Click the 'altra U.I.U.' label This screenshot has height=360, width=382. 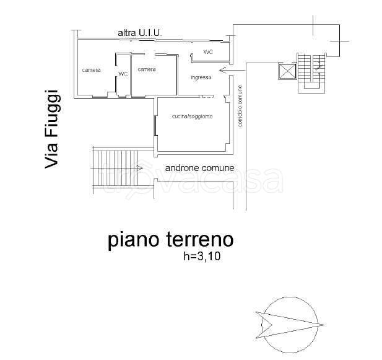pos(139,32)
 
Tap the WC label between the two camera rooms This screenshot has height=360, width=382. pos(123,74)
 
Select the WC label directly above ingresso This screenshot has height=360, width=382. pos(208,52)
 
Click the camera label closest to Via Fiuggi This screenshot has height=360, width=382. pos(91,70)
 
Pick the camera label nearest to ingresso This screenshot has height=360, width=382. pos(147,69)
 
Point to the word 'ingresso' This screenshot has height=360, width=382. pos(201,77)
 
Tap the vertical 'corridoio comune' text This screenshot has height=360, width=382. pos(240,106)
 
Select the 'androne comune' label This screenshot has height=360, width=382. pos(199,167)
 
